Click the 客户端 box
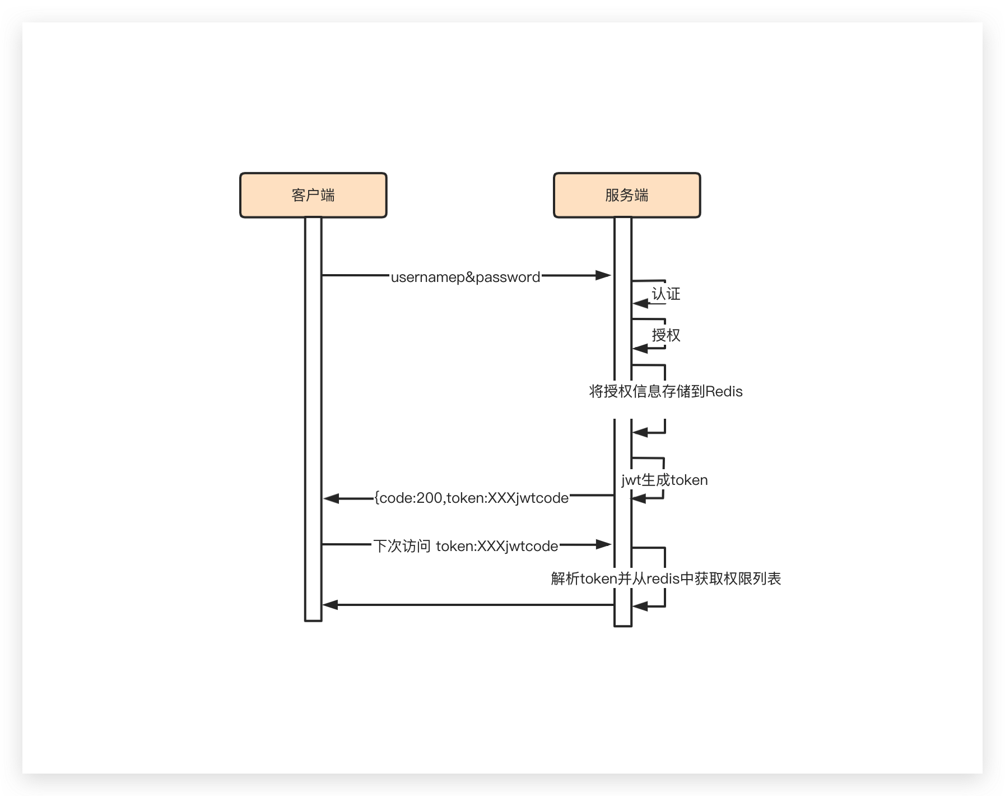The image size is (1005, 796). (x=313, y=195)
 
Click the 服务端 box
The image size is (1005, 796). (x=627, y=195)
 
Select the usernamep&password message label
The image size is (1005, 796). (x=466, y=277)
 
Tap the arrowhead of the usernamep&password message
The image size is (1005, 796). (x=604, y=275)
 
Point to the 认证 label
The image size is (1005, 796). (x=666, y=294)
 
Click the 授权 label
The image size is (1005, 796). (x=666, y=335)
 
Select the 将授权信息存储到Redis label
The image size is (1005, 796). (x=666, y=391)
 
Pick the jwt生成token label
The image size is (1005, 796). (x=664, y=480)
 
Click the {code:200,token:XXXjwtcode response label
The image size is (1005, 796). (x=472, y=498)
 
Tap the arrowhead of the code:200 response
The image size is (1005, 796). (x=331, y=498)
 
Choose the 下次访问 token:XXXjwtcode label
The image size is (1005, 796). (x=466, y=546)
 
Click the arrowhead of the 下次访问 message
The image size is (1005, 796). (x=604, y=544)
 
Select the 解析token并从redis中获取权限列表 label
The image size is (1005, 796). (x=666, y=579)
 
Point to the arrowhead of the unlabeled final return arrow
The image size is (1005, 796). (x=330, y=605)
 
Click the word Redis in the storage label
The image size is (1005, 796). (x=724, y=391)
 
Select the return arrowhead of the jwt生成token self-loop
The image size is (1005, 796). (x=639, y=498)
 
